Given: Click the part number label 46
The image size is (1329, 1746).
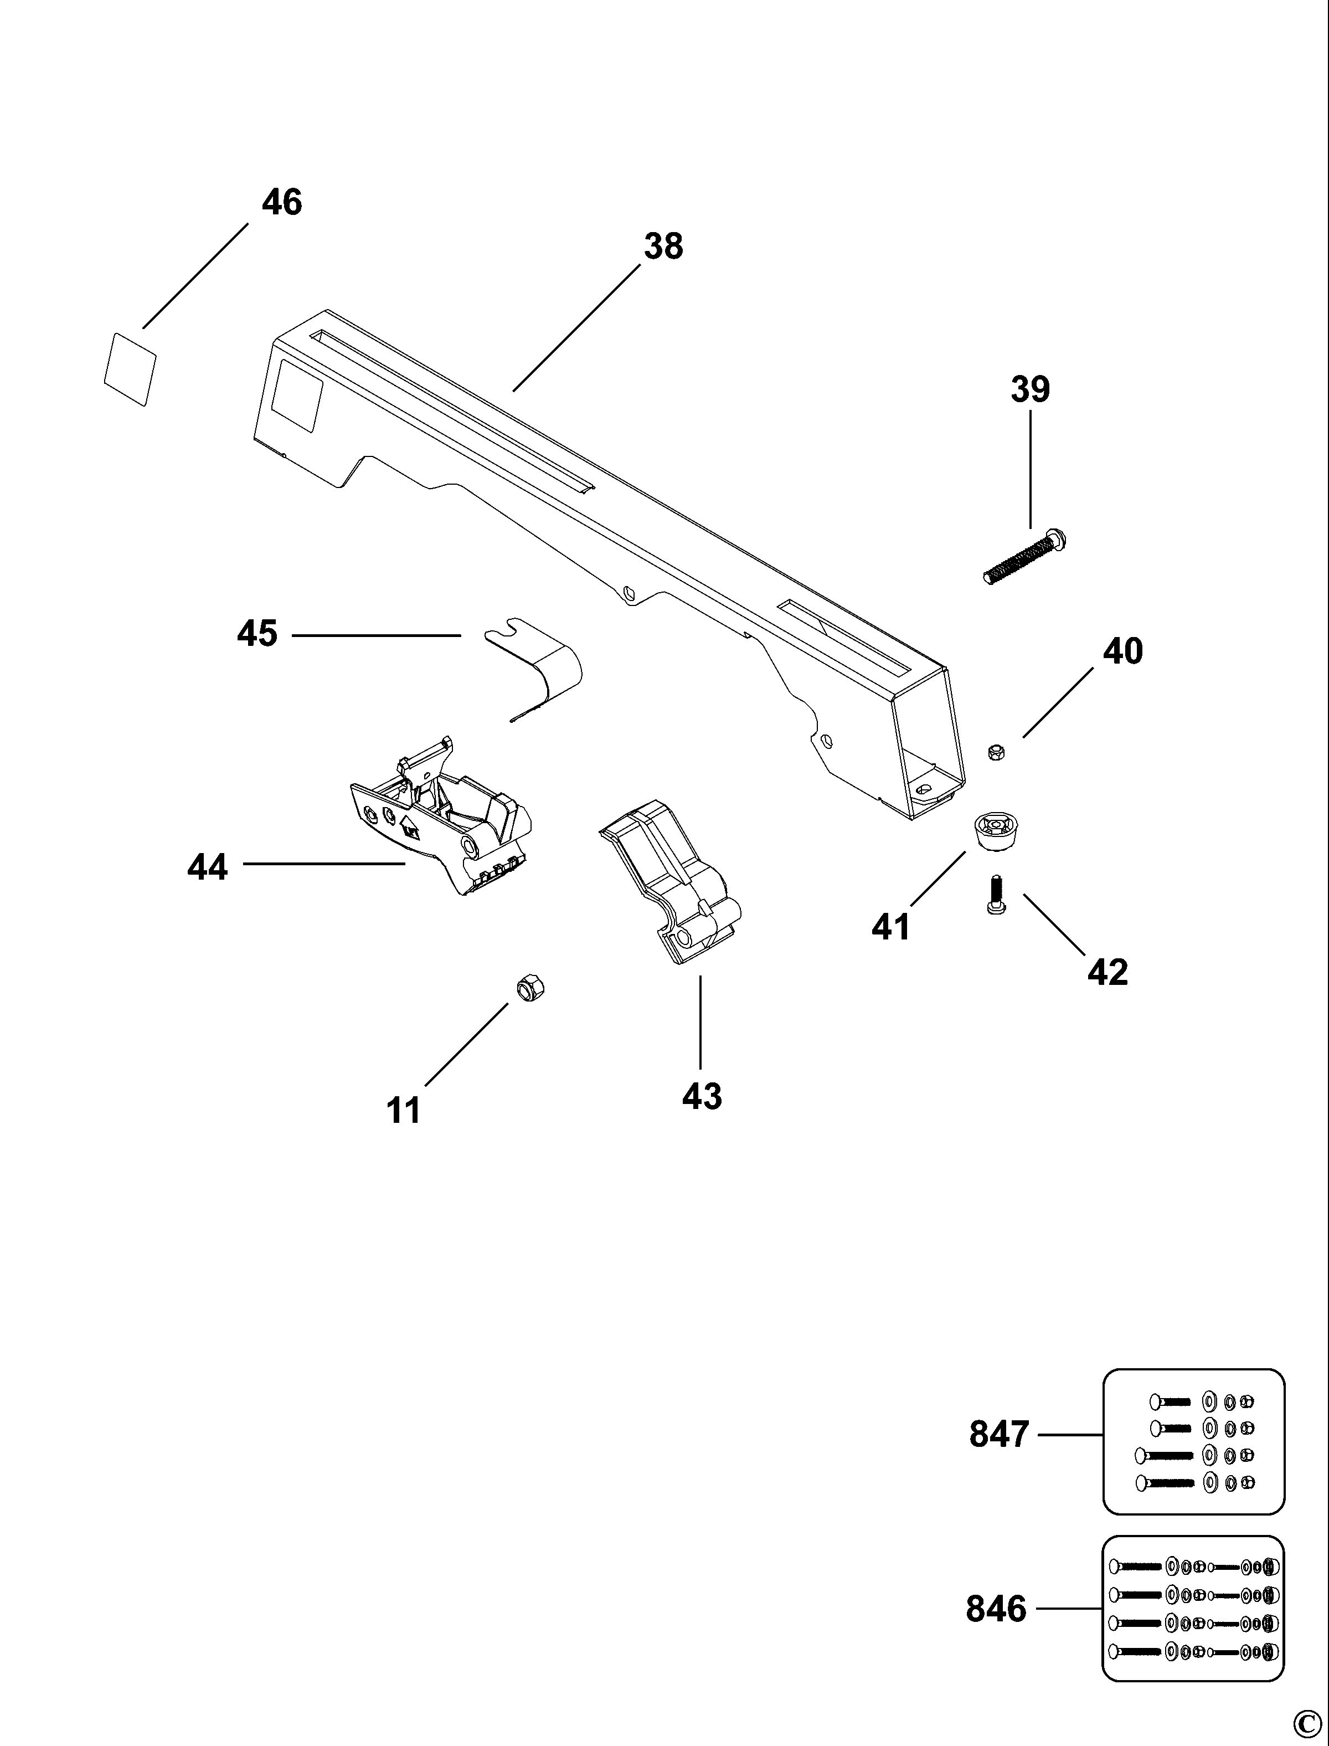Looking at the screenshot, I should tap(282, 203).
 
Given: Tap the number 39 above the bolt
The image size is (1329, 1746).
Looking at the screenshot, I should tap(1030, 389).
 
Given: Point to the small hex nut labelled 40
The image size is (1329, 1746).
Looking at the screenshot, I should tap(997, 752).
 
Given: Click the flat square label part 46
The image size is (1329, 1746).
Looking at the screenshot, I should tap(131, 369).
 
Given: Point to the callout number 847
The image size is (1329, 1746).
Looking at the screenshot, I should tap(999, 1434).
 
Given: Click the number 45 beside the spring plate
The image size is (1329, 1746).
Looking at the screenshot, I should tap(257, 634).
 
